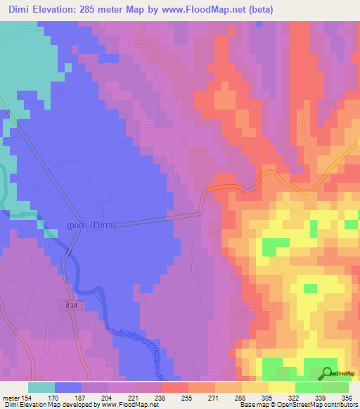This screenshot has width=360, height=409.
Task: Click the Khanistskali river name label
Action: tap(141, 346)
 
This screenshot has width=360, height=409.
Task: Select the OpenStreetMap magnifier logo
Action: tap(327, 374)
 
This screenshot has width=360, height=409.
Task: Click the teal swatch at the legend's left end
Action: tap(41, 387)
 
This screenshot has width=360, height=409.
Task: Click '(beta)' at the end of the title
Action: tap(257, 10)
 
